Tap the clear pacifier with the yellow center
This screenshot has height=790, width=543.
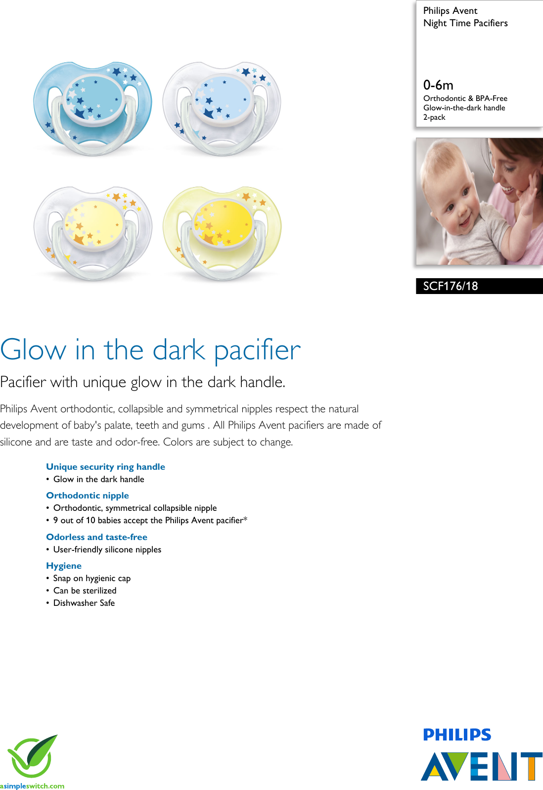point(93,233)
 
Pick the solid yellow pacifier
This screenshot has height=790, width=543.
point(222,233)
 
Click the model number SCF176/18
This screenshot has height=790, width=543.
point(451,286)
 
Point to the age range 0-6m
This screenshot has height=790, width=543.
point(438,85)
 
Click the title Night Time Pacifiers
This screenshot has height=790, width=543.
point(465,23)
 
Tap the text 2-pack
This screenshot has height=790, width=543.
point(434,117)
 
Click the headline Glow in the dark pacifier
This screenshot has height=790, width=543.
point(150,350)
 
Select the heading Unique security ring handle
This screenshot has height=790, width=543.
point(105,467)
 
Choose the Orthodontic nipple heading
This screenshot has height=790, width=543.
point(88,495)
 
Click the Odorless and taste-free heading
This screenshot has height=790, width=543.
point(96,537)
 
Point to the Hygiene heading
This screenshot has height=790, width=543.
point(64,566)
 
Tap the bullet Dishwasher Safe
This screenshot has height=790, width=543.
point(84,603)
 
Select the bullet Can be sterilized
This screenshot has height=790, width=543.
point(85,591)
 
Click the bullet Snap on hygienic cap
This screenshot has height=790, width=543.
point(92,578)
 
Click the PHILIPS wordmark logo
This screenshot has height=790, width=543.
point(457,735)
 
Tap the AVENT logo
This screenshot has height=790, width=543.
point(481,766)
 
